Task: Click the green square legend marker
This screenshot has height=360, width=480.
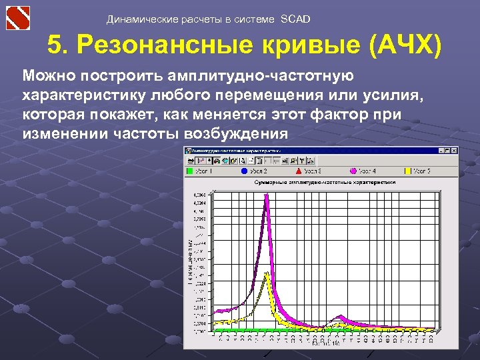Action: coord(189,171)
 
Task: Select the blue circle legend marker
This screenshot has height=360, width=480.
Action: coord(244,171)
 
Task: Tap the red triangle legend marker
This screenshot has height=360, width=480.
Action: coord(298,171)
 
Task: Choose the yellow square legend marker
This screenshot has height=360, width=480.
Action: coord(407,171)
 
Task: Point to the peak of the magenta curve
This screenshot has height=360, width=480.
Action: coord(266,195)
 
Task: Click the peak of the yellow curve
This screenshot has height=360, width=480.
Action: coord(267,273)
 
